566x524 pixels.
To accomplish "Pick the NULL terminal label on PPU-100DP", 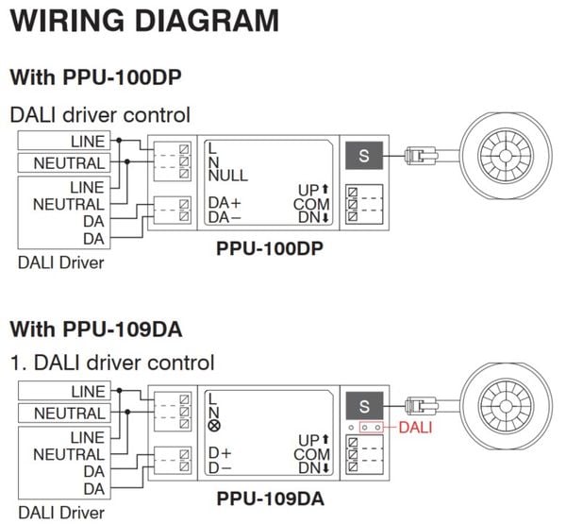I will tap(227, 176).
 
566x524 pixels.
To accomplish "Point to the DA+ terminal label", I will tap(225, 202).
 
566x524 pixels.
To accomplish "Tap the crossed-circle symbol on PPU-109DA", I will tap(214, 428).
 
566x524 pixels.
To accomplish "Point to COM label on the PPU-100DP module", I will tap(310, 204).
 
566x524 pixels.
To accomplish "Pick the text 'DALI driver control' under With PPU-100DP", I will tap(100, 115).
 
